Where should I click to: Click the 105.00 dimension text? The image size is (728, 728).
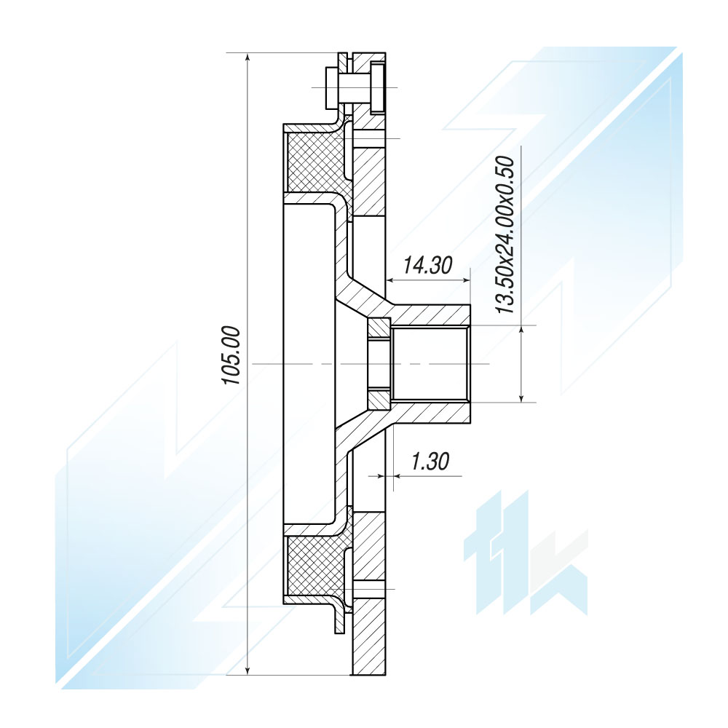pos(232,355)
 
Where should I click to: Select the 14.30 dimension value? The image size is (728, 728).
pos(427,266)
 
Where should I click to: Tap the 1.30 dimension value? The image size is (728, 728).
pos(430,462)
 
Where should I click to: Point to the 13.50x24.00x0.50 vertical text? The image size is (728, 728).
pos(506,234)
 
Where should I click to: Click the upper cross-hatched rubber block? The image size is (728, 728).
pos(316,162)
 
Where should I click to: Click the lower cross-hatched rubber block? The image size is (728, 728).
pos(316,566)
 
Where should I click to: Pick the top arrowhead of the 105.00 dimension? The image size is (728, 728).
pos(248,58)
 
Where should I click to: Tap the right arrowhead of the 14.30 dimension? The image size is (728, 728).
pos(466,280)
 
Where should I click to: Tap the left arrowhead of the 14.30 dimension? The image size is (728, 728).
pos(392,280)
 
